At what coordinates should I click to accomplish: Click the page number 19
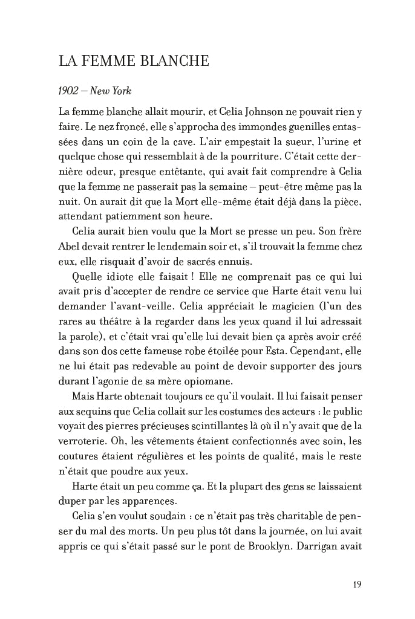click(356, 584)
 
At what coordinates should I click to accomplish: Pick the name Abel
click(70, 247)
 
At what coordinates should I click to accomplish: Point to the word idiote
click(125, 276)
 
